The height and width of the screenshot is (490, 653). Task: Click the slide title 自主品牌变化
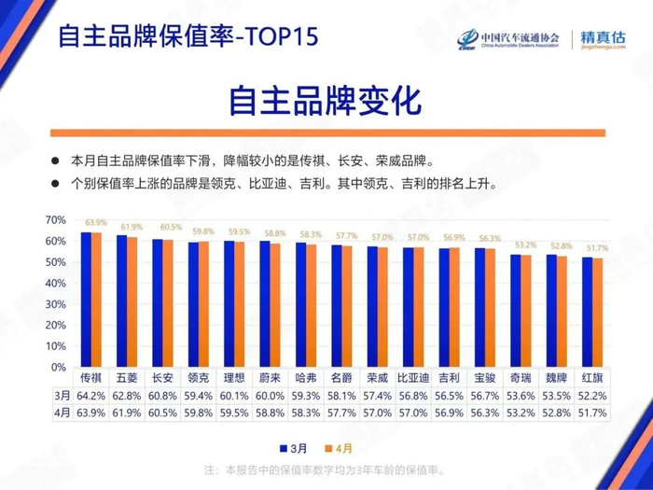(x=326, y=100)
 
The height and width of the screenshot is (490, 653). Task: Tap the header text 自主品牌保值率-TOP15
(x=188, y=36)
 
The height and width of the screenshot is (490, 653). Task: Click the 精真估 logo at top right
(x=603, y=39)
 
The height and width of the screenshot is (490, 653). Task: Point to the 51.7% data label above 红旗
(x=597, y=248)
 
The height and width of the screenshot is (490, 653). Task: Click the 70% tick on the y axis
(x=55, y=220)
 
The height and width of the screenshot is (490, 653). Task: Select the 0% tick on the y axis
(x=58, y=367)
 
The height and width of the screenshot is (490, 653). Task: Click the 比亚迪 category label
(x=413, y=378)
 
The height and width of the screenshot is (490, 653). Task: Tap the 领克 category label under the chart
(x=198, y=378)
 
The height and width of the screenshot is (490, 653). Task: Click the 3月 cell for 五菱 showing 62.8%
(x=127, y=395)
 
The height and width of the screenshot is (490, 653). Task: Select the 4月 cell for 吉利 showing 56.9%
(x=450, y=412)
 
